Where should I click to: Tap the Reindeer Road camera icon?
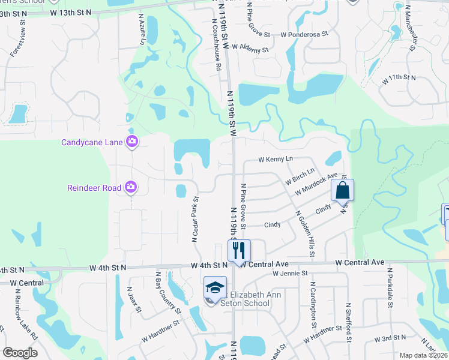click(x=131, y=188)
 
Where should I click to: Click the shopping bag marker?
click(x=342, y=190)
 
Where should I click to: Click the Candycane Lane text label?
click(x=92, y=143)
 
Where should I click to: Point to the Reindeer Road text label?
click(x=94, y=188)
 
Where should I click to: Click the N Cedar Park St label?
click(x=196, y=218)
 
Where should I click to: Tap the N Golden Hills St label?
click(x=304, y=235)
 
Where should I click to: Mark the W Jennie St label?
click(x=289, y=274)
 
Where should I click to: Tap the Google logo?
click(x=20, y=353)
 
